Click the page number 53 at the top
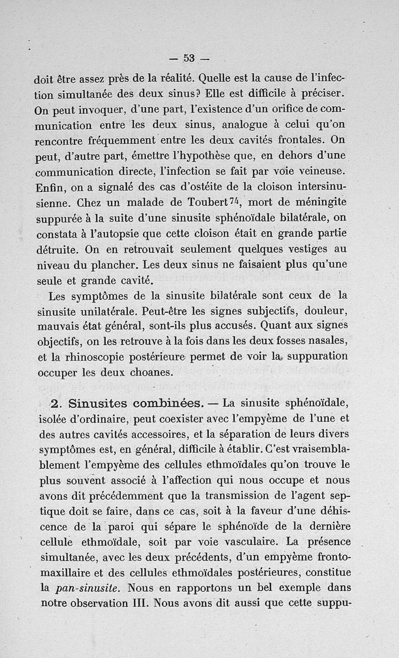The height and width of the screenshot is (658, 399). [x=189, y=58]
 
